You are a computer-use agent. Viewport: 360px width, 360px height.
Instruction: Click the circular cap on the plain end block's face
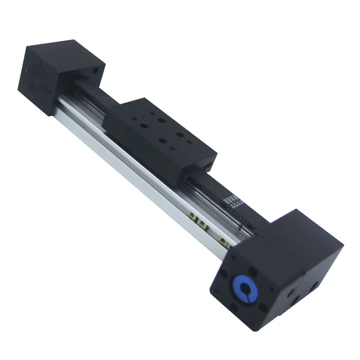34,74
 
